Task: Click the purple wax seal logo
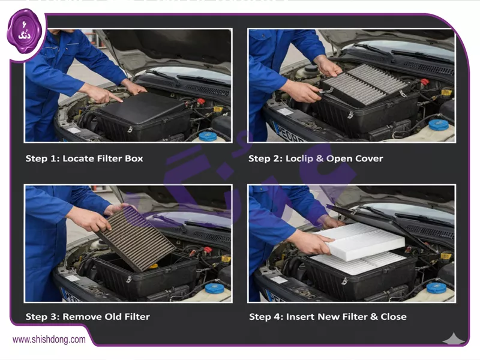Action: click(24, 32)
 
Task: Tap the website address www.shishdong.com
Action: click(49, 340)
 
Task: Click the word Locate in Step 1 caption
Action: click(79, 158)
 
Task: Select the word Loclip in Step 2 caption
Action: click(299, 158)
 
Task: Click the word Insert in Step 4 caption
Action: click(300, 317)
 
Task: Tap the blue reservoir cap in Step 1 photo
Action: click(208, 136)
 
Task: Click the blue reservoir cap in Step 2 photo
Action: click(439, 125)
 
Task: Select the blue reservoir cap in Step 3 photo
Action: click(215, 289)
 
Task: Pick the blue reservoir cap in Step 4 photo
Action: click(436, 288)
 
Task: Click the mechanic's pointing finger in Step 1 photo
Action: click(116, 98)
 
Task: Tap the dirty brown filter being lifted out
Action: click(136, 238)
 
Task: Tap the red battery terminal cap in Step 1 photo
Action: click(201, 101)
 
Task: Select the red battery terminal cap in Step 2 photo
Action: click(425, 82)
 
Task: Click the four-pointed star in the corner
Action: click(454, 339)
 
